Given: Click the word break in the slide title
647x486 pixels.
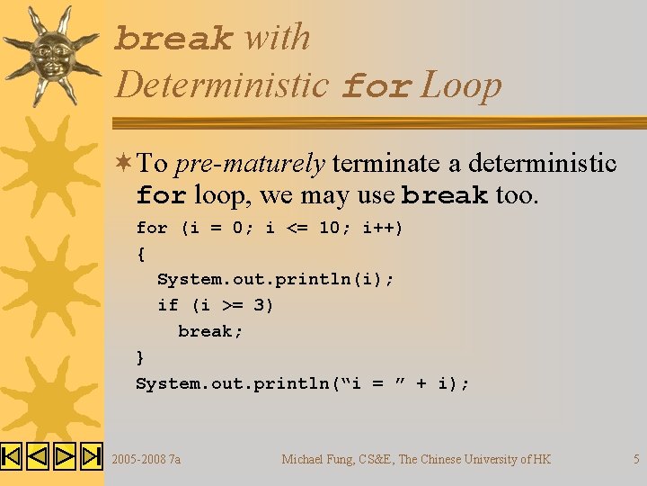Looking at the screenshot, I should [174, 40].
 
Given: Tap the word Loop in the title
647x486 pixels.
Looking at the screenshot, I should [462, 86].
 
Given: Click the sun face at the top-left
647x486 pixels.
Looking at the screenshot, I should [52, 53].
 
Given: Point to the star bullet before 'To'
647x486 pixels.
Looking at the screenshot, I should [124, 163].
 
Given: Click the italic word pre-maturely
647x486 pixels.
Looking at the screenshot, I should [250, 164].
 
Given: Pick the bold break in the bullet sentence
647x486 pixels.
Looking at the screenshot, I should [445, 195].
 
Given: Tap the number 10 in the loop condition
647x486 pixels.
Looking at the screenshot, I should [329, 229].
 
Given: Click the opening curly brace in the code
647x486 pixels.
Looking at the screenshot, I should [140, 254].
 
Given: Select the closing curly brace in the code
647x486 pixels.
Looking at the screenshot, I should [140, 357].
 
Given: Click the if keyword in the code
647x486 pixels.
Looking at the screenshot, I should [167, 305].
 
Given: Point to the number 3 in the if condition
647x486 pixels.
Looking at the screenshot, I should [259, 305].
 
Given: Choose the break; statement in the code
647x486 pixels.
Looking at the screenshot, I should [210, 331].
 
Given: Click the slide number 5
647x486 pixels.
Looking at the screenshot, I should [636, 459].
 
